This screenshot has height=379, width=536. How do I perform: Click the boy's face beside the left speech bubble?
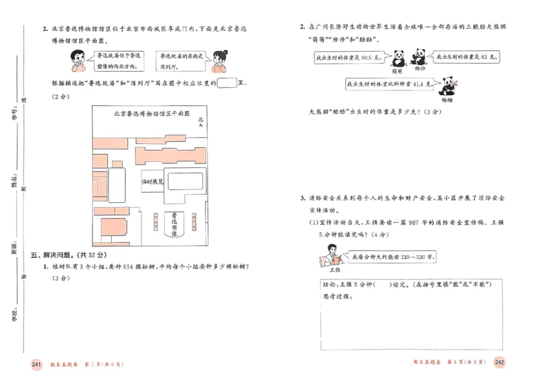click(x=76, y=62)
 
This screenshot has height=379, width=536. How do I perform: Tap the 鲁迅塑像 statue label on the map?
click(x=174, y=225)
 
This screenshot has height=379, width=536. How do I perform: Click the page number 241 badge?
click(x=37, y=364)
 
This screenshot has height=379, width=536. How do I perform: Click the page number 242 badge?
click(x=499, y=362)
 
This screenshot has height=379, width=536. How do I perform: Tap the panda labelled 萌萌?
click(x=399, y=57)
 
